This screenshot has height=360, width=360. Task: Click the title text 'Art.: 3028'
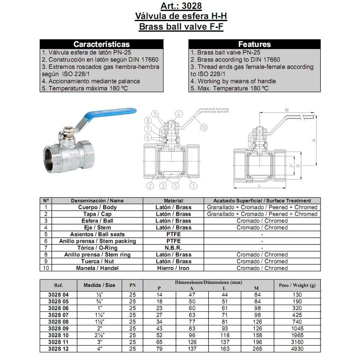coord(180,6)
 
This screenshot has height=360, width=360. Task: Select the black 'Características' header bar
coord(101,44)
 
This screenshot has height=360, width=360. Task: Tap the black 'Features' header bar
coord(254,44)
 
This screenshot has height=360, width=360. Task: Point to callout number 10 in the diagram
coord(203,127)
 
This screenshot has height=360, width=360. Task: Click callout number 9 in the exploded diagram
coord(154,113)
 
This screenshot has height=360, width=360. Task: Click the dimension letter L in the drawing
coord(260,184)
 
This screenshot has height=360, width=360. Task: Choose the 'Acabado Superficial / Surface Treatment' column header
coord(262,201)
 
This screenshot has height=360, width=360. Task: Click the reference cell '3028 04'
coord(58,294)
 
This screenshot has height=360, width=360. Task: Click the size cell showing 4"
coord(99,348)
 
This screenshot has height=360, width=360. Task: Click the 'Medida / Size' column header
coord(99,285)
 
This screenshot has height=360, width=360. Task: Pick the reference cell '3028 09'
coord(58,328)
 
